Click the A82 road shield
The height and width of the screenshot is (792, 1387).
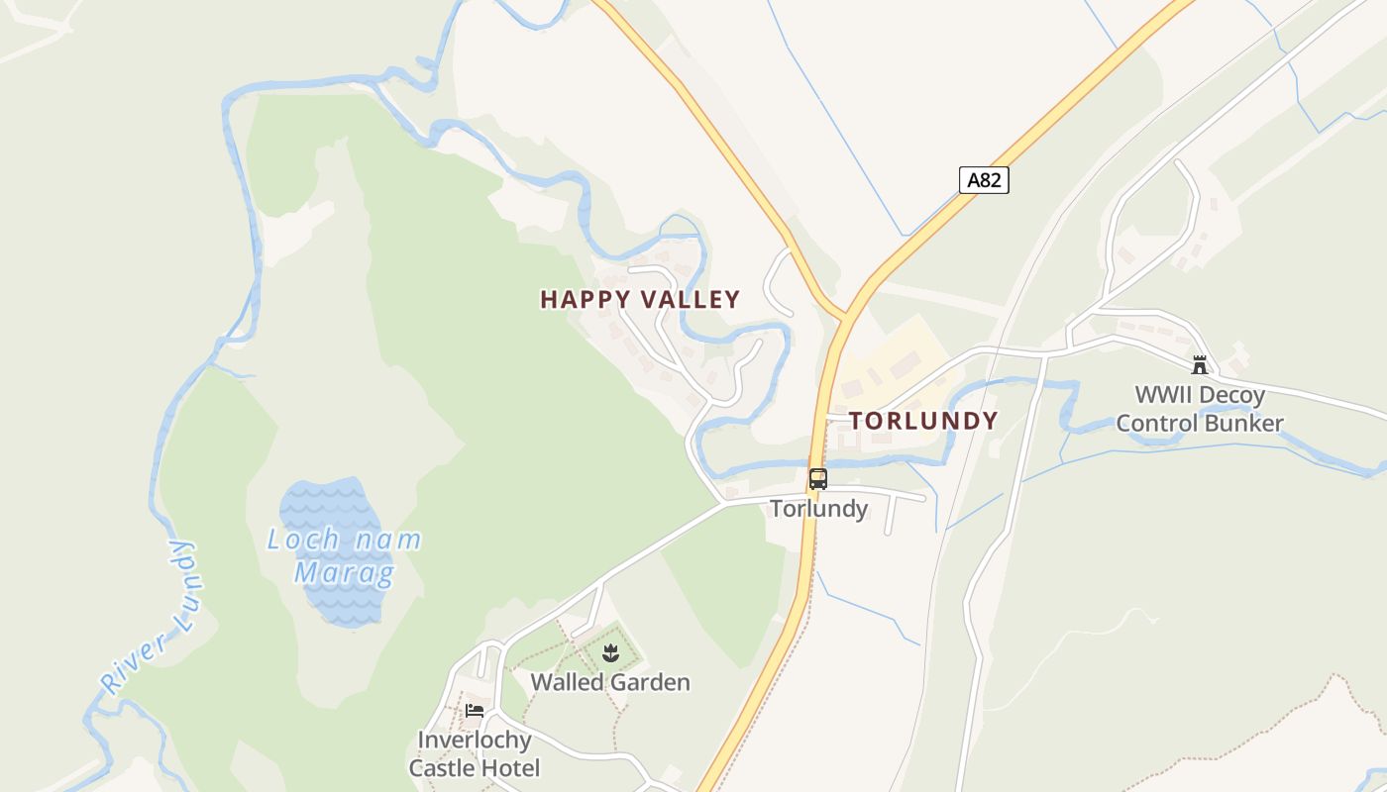[x=984, y=180]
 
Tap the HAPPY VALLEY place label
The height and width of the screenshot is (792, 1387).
[x=640, y=299]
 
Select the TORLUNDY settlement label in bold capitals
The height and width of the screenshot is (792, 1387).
[x=923, y=421]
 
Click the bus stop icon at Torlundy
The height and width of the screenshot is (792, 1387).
[x=818, y=479]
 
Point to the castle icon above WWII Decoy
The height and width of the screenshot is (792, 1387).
[x=1200, y=365]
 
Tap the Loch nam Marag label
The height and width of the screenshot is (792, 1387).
[x=344, y=555]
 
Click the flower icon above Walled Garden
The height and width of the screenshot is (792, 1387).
[x=610, y=652]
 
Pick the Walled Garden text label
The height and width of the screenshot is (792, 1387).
[x=610, y=682]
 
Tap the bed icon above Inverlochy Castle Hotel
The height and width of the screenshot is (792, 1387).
[x=475, y=710]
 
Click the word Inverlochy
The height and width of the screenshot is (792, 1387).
[x=475, y=740]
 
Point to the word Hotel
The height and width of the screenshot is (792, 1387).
[x=508, y=768]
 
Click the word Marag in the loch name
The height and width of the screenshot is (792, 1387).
[x=344, y=572]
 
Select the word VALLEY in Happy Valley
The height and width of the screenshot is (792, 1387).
[x=691, y=299]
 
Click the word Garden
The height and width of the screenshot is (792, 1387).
[x=650, y=682]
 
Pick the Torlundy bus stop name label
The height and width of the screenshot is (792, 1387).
[x=819, y=509]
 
